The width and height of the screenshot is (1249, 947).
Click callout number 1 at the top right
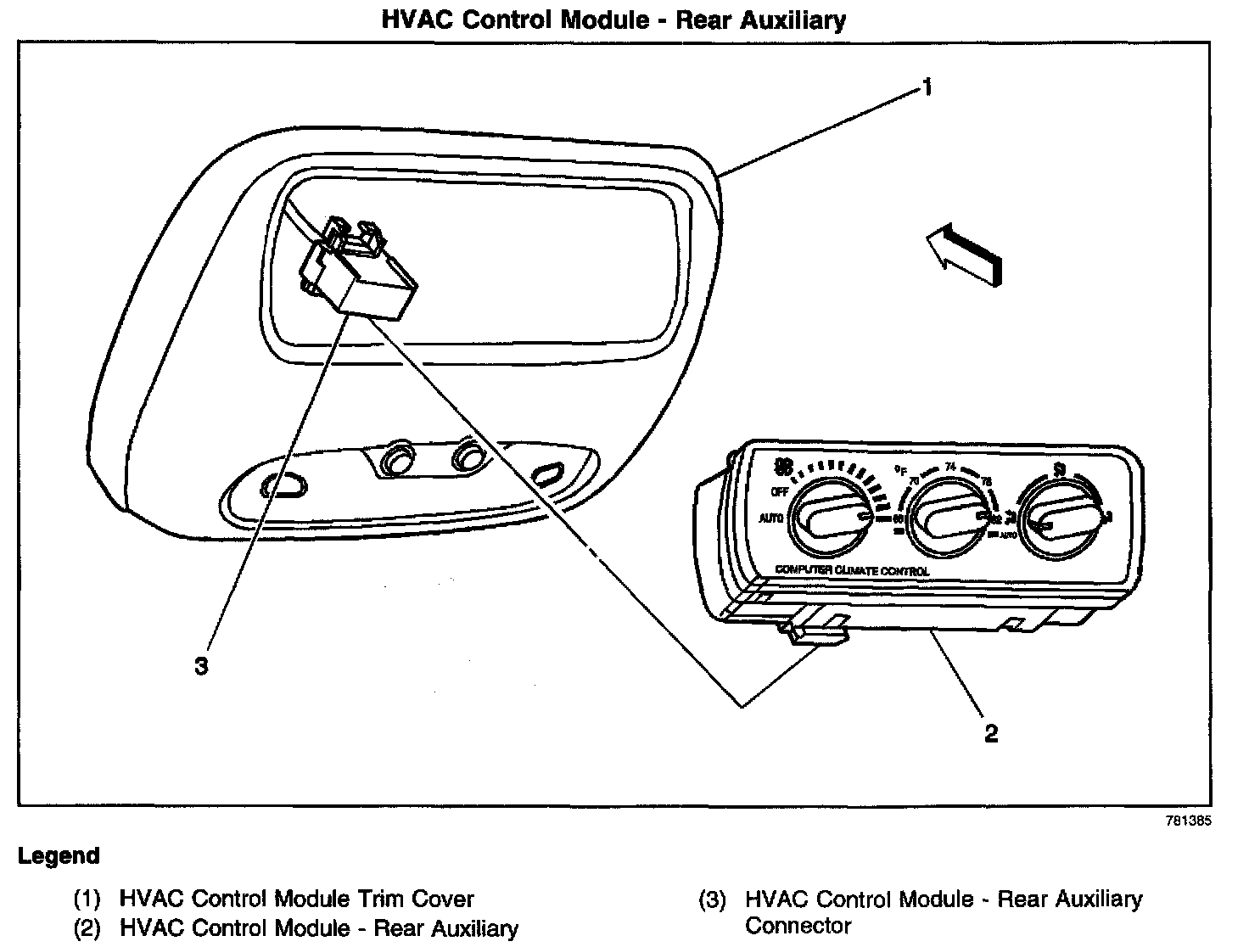(x=928, y=87)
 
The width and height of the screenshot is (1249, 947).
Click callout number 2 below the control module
(x=990, y=732)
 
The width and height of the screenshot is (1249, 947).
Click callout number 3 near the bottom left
(x=201, y=666)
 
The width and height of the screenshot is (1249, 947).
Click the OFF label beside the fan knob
(x=780, y=492)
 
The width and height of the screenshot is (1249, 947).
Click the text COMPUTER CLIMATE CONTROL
(x=852, y=571)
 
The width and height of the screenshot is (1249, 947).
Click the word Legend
(x=59, y=856)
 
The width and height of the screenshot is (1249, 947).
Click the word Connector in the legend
(x=798, y=926)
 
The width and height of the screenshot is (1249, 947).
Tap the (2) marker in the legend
(x=87, y=929)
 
